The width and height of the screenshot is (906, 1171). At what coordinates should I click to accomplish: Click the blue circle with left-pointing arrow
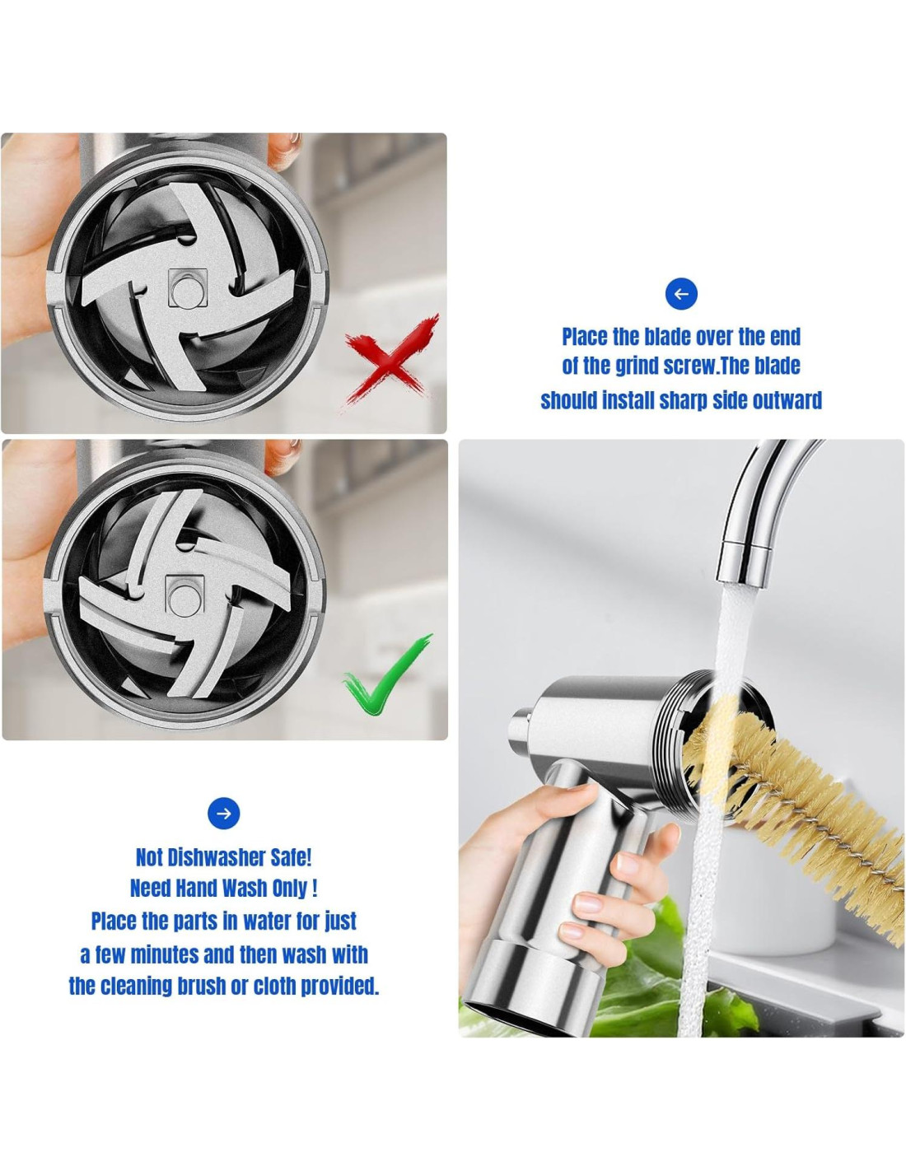click(x=681, y=294)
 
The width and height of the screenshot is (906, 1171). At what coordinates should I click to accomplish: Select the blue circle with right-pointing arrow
click(x=224, y=813)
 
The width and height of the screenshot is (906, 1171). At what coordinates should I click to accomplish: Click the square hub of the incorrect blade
click(x=188, y=288)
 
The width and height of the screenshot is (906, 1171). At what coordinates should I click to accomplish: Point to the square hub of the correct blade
click(x=184, y=595)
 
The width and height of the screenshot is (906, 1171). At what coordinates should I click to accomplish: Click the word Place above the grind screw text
click(x=586, y=337)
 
